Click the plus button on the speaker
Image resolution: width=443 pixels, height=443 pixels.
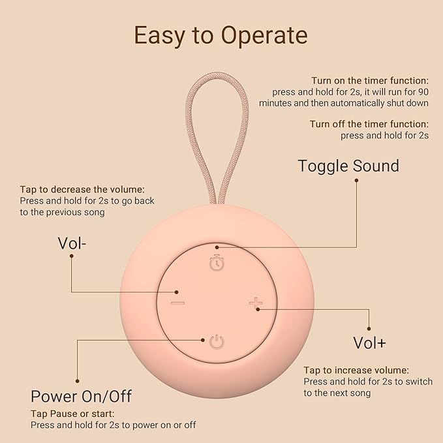coord(256,303)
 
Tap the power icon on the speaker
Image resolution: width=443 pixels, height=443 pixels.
coord(217,341)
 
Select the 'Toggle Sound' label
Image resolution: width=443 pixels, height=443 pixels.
coord(348,166)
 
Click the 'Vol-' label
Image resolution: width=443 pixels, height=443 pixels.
coord(72,243)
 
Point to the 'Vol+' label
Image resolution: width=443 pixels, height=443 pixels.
coord(369,342)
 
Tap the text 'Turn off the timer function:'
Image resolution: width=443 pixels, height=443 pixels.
coord(369,124)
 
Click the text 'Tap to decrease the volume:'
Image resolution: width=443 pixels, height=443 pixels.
coord(82,189)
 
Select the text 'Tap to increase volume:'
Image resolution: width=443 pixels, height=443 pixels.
coord(356,370)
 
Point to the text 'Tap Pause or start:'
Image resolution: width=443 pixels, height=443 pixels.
coord(72,414)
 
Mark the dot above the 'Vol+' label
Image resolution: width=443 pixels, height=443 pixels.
coord(369,329)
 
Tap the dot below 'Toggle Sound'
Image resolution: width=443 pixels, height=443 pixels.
coord(356,179)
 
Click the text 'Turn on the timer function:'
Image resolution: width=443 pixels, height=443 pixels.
coord(370,80)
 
